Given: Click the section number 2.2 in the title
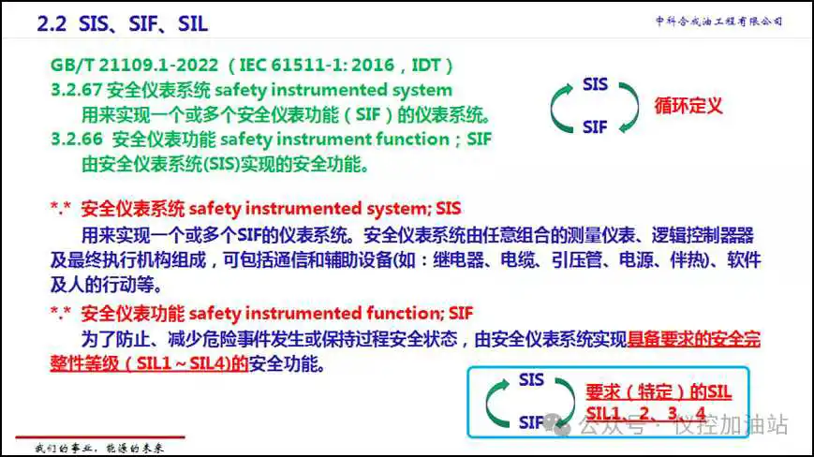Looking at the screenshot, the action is pos(52,23).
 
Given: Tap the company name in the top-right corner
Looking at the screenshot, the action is pos(719,22).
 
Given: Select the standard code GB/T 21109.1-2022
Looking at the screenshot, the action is pos(135,66).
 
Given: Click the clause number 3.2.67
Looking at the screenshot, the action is pos(76,90).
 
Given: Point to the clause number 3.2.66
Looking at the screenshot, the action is pos(77,139).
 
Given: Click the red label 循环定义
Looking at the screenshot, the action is pos(688,106).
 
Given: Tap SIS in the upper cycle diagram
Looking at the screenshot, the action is pos(595,84).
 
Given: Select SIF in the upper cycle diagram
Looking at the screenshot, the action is pos(595,127).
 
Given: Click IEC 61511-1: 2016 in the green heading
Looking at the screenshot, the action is pos(318,66).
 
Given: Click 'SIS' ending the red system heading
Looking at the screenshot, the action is pos(448,209).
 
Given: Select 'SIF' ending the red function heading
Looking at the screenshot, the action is pos(461,314).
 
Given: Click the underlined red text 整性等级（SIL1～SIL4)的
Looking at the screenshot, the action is pos(149,363).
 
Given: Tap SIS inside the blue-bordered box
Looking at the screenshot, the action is pos(531,379).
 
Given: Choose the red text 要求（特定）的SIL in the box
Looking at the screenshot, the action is pos(659,391).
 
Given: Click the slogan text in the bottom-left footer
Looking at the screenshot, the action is pos(99,449).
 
